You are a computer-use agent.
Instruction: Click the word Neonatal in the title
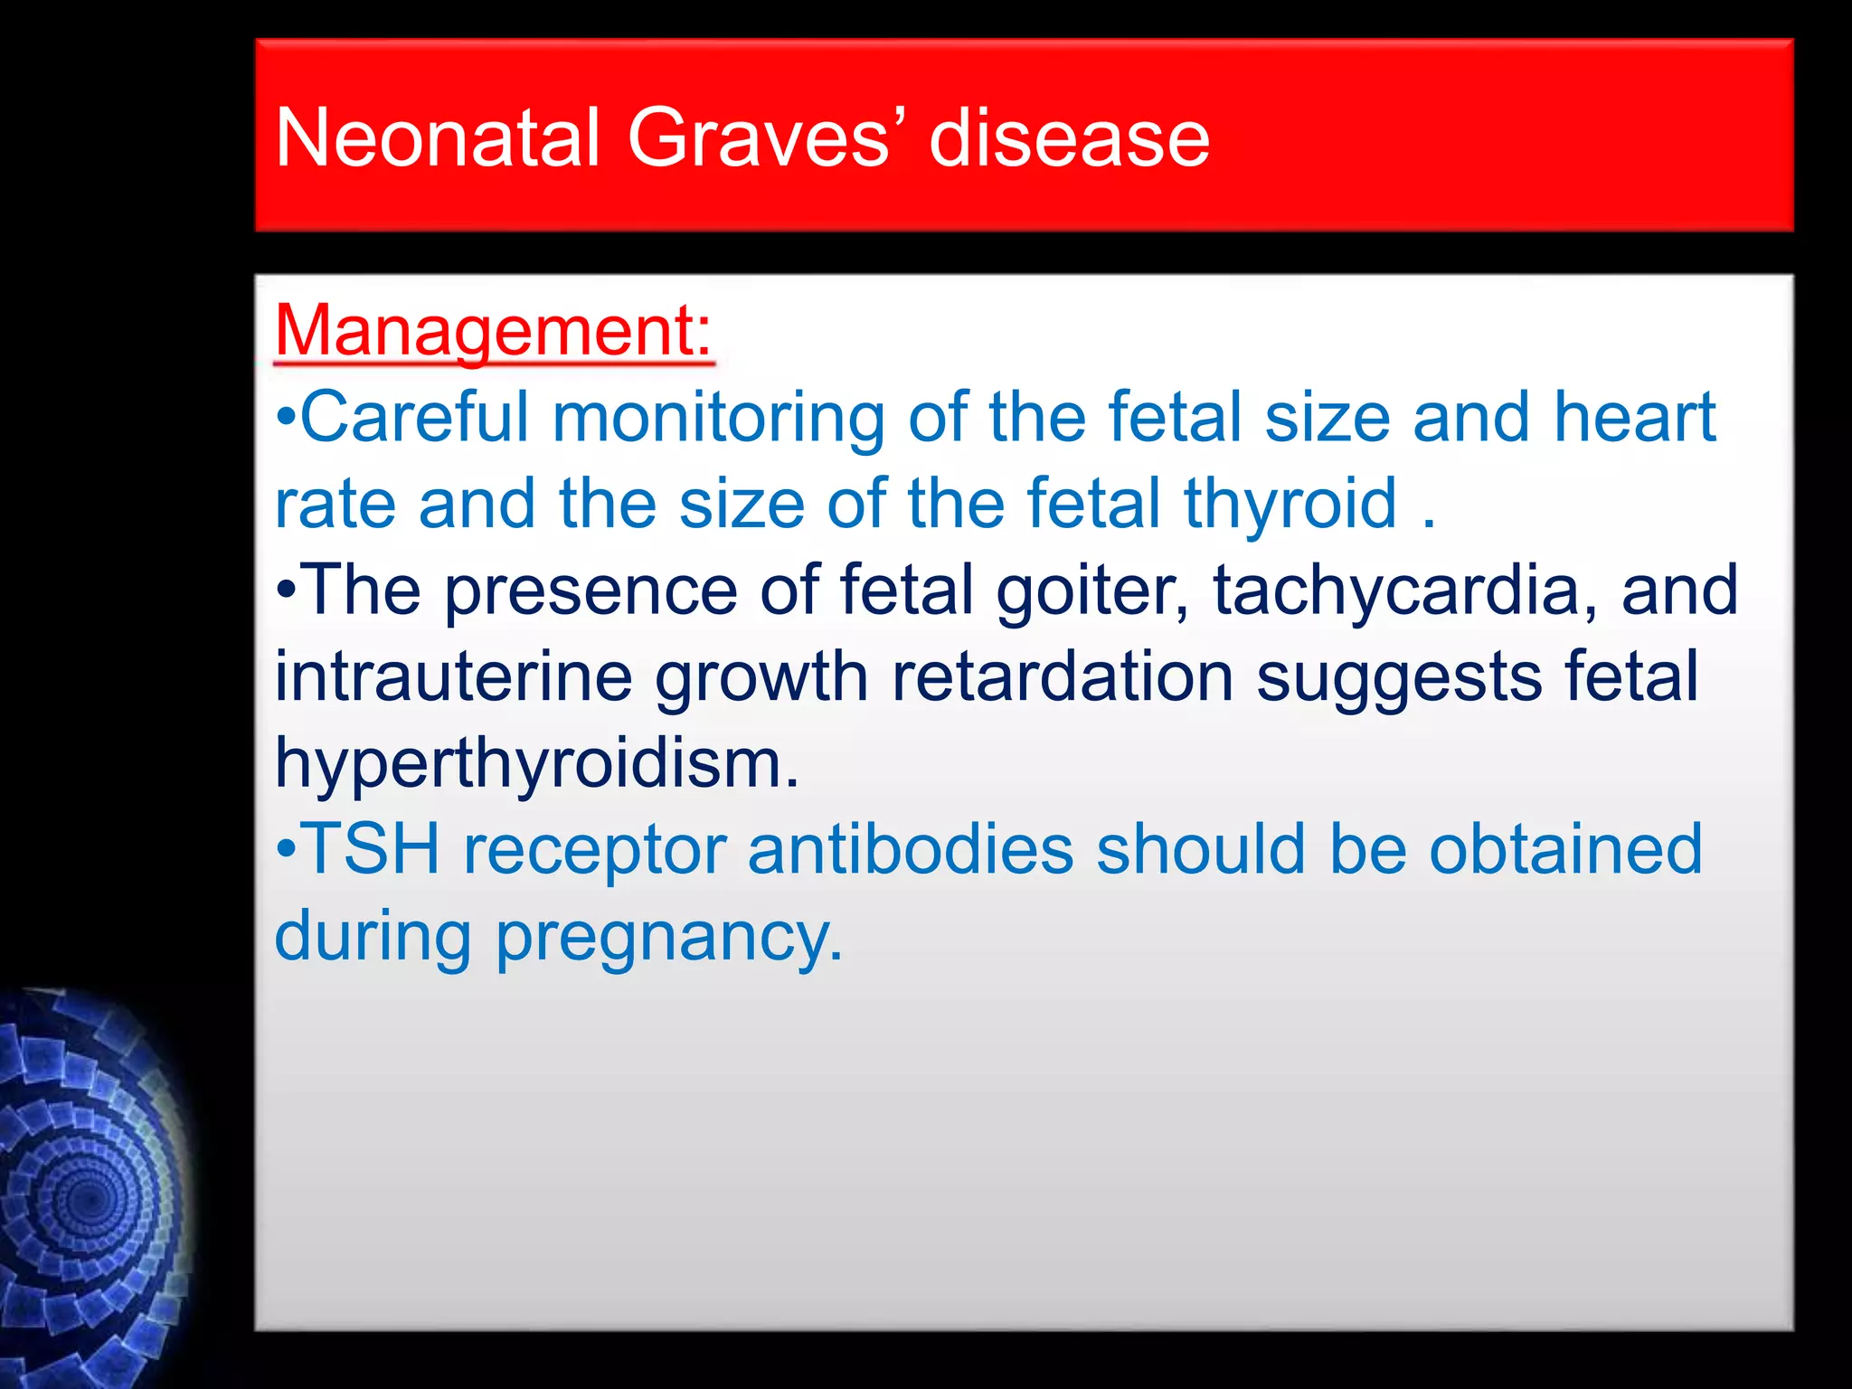tap(438, 138)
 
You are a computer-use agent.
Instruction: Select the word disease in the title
tap(1069, 138)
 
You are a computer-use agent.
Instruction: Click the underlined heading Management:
tap(494, 331)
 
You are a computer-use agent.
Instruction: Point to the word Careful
tap(414, 417)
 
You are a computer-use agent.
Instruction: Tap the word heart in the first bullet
tap(1634, 417)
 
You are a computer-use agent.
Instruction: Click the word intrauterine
tap(453, 676)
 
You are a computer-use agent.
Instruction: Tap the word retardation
tap(1063, 676)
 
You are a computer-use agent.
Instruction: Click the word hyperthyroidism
tap(537, 763)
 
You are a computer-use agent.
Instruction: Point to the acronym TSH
tap(371, 850)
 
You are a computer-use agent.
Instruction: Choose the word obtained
tap(1565, 850)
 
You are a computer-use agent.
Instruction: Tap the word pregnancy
tap(669, 937)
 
